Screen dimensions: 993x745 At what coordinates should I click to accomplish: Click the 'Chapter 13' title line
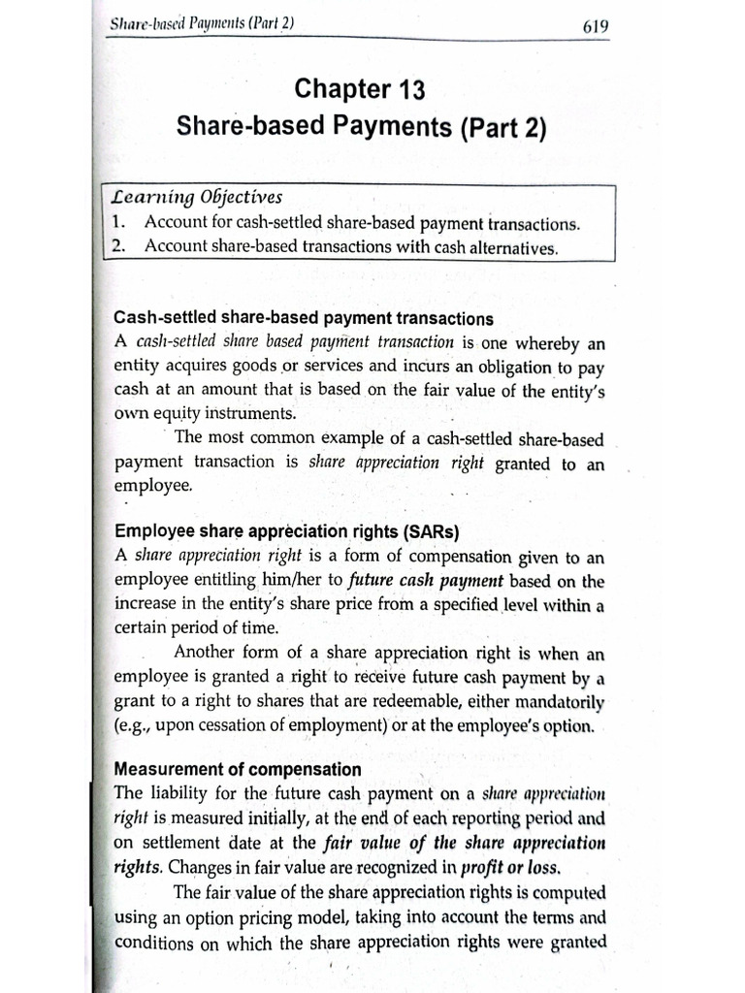coord(358,91)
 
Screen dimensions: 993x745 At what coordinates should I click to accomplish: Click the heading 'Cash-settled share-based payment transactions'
coord(304,318)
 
